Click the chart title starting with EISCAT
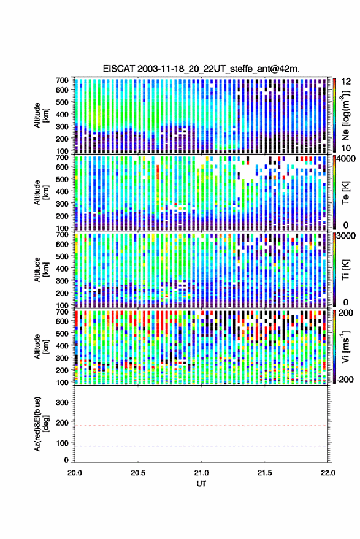pyautogui.click(x=201, y=69)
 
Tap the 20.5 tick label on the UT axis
pyautogui.click(x=138, y=473)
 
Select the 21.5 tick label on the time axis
pyautogui.click(x=264, y=473)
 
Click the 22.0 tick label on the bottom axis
pyautogui.click(x=327, y=473)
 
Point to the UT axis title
pyautogui.click(x=201, y=484)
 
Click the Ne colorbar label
pyautogui.click(x=346, y=115)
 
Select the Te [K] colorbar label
pyautogui.click(x=345, y=193)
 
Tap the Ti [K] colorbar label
pyautogui.click(x=345, y=270)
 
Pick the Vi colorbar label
pyautogui.click(x=345, y=347)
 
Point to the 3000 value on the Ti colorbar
pyautogui.click(x=347, y=236)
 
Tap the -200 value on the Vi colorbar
pyautogui.click(x=344, y=380)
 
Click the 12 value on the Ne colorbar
pyautogui.click(x=347, y=82)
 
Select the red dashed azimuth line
pyautogui.click(x=201, y=426)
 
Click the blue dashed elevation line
pyautogui.click(x=201, y=446)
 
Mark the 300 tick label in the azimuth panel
pyautogui.click(x=62, y=402)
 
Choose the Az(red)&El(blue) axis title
pyautogui.click(x=41, y=424)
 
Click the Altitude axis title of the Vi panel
pyautogui.click(x=41, y=347)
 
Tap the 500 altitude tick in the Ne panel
pyautogui.click(x=62, y=102)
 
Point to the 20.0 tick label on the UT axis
pyautogui.click(x=75, y=473)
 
